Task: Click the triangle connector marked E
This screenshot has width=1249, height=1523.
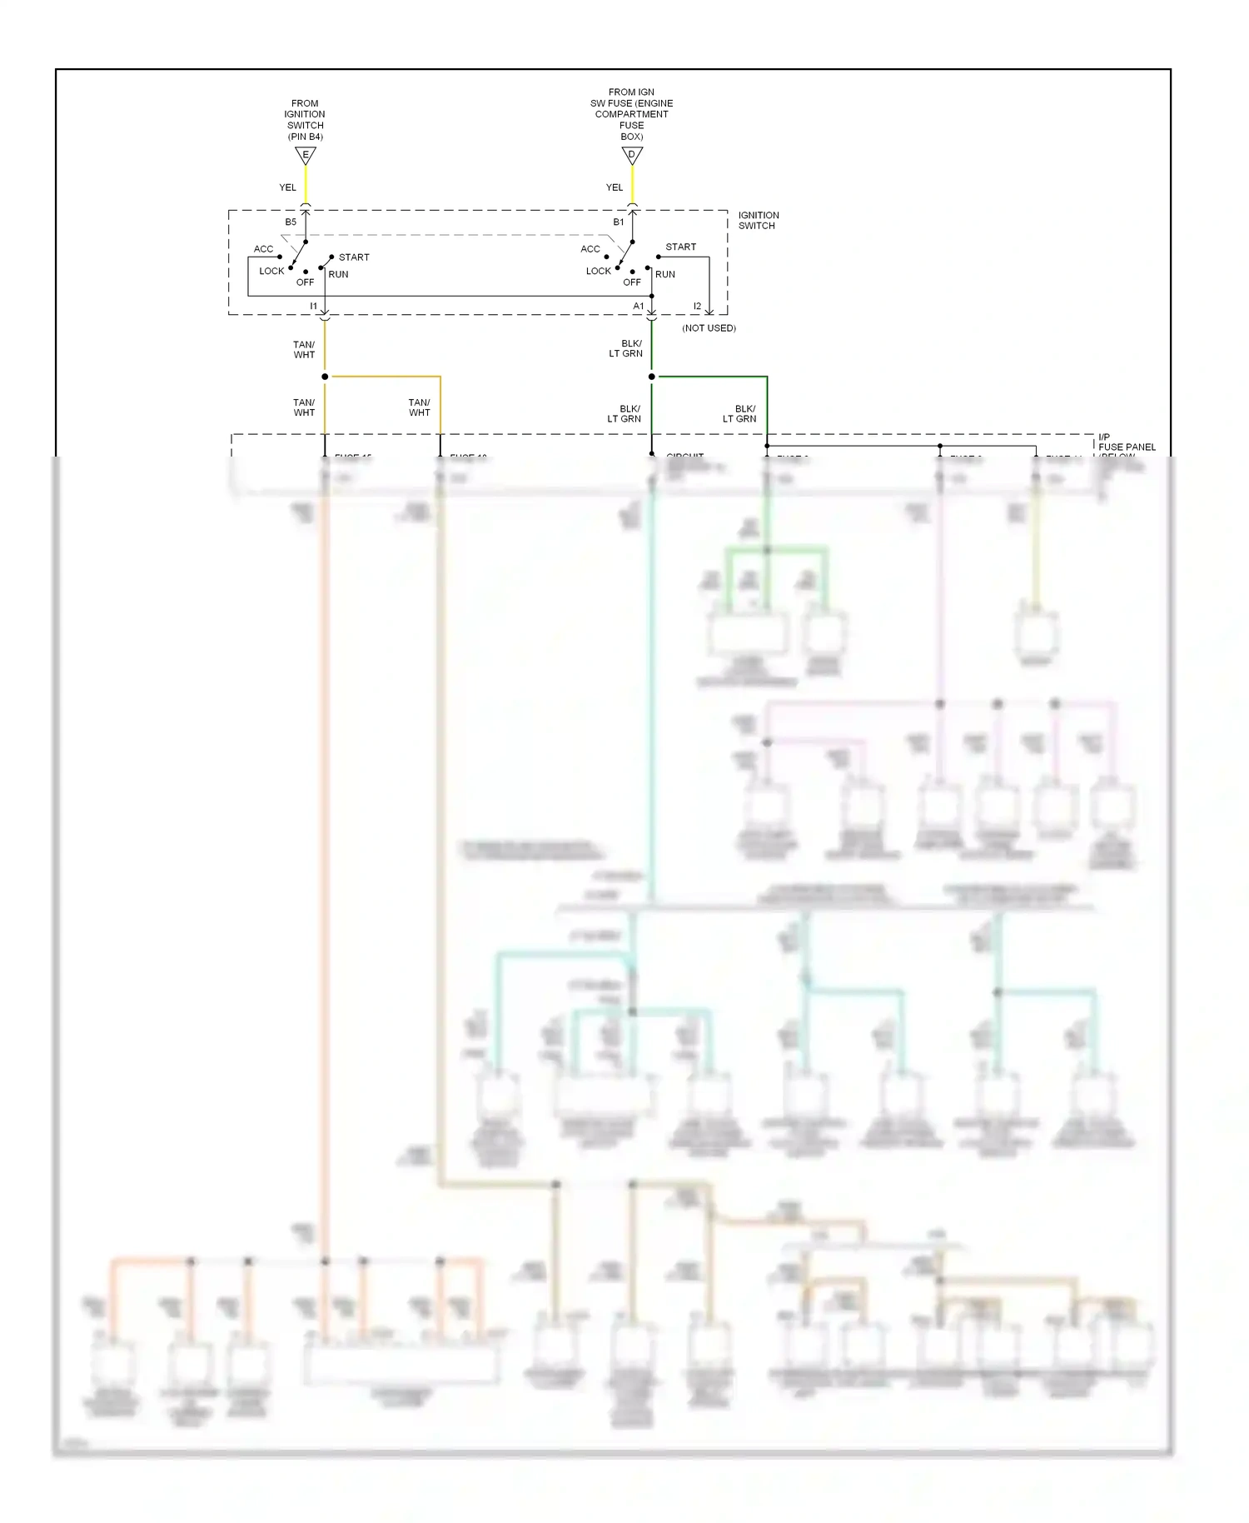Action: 306,155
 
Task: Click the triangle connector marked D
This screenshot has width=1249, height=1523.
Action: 632,155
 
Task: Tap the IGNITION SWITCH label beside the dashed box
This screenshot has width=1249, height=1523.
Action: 758,220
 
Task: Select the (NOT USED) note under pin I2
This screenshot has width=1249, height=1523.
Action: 709,328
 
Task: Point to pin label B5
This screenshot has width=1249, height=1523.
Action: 291,222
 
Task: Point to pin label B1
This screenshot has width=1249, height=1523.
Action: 618,222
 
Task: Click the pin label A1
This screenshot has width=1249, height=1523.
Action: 639,307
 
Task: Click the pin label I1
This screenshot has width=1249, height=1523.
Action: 313,307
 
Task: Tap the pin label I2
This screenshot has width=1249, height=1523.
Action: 697,307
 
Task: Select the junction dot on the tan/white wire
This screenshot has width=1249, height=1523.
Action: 325,377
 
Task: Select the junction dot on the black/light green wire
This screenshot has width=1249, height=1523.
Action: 651,377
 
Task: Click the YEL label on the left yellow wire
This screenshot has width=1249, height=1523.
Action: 287,187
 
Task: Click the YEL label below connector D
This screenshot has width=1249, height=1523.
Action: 615,187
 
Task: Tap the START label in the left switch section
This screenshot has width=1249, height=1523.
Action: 354,257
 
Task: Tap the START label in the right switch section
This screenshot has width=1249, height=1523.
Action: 680,247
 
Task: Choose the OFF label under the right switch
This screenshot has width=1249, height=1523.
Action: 632,282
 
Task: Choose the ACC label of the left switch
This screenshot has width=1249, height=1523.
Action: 263,249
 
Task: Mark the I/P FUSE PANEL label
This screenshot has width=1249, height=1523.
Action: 1126,442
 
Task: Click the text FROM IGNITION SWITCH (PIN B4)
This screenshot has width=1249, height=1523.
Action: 305,120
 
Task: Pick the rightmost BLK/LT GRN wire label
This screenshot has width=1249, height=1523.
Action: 740,414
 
